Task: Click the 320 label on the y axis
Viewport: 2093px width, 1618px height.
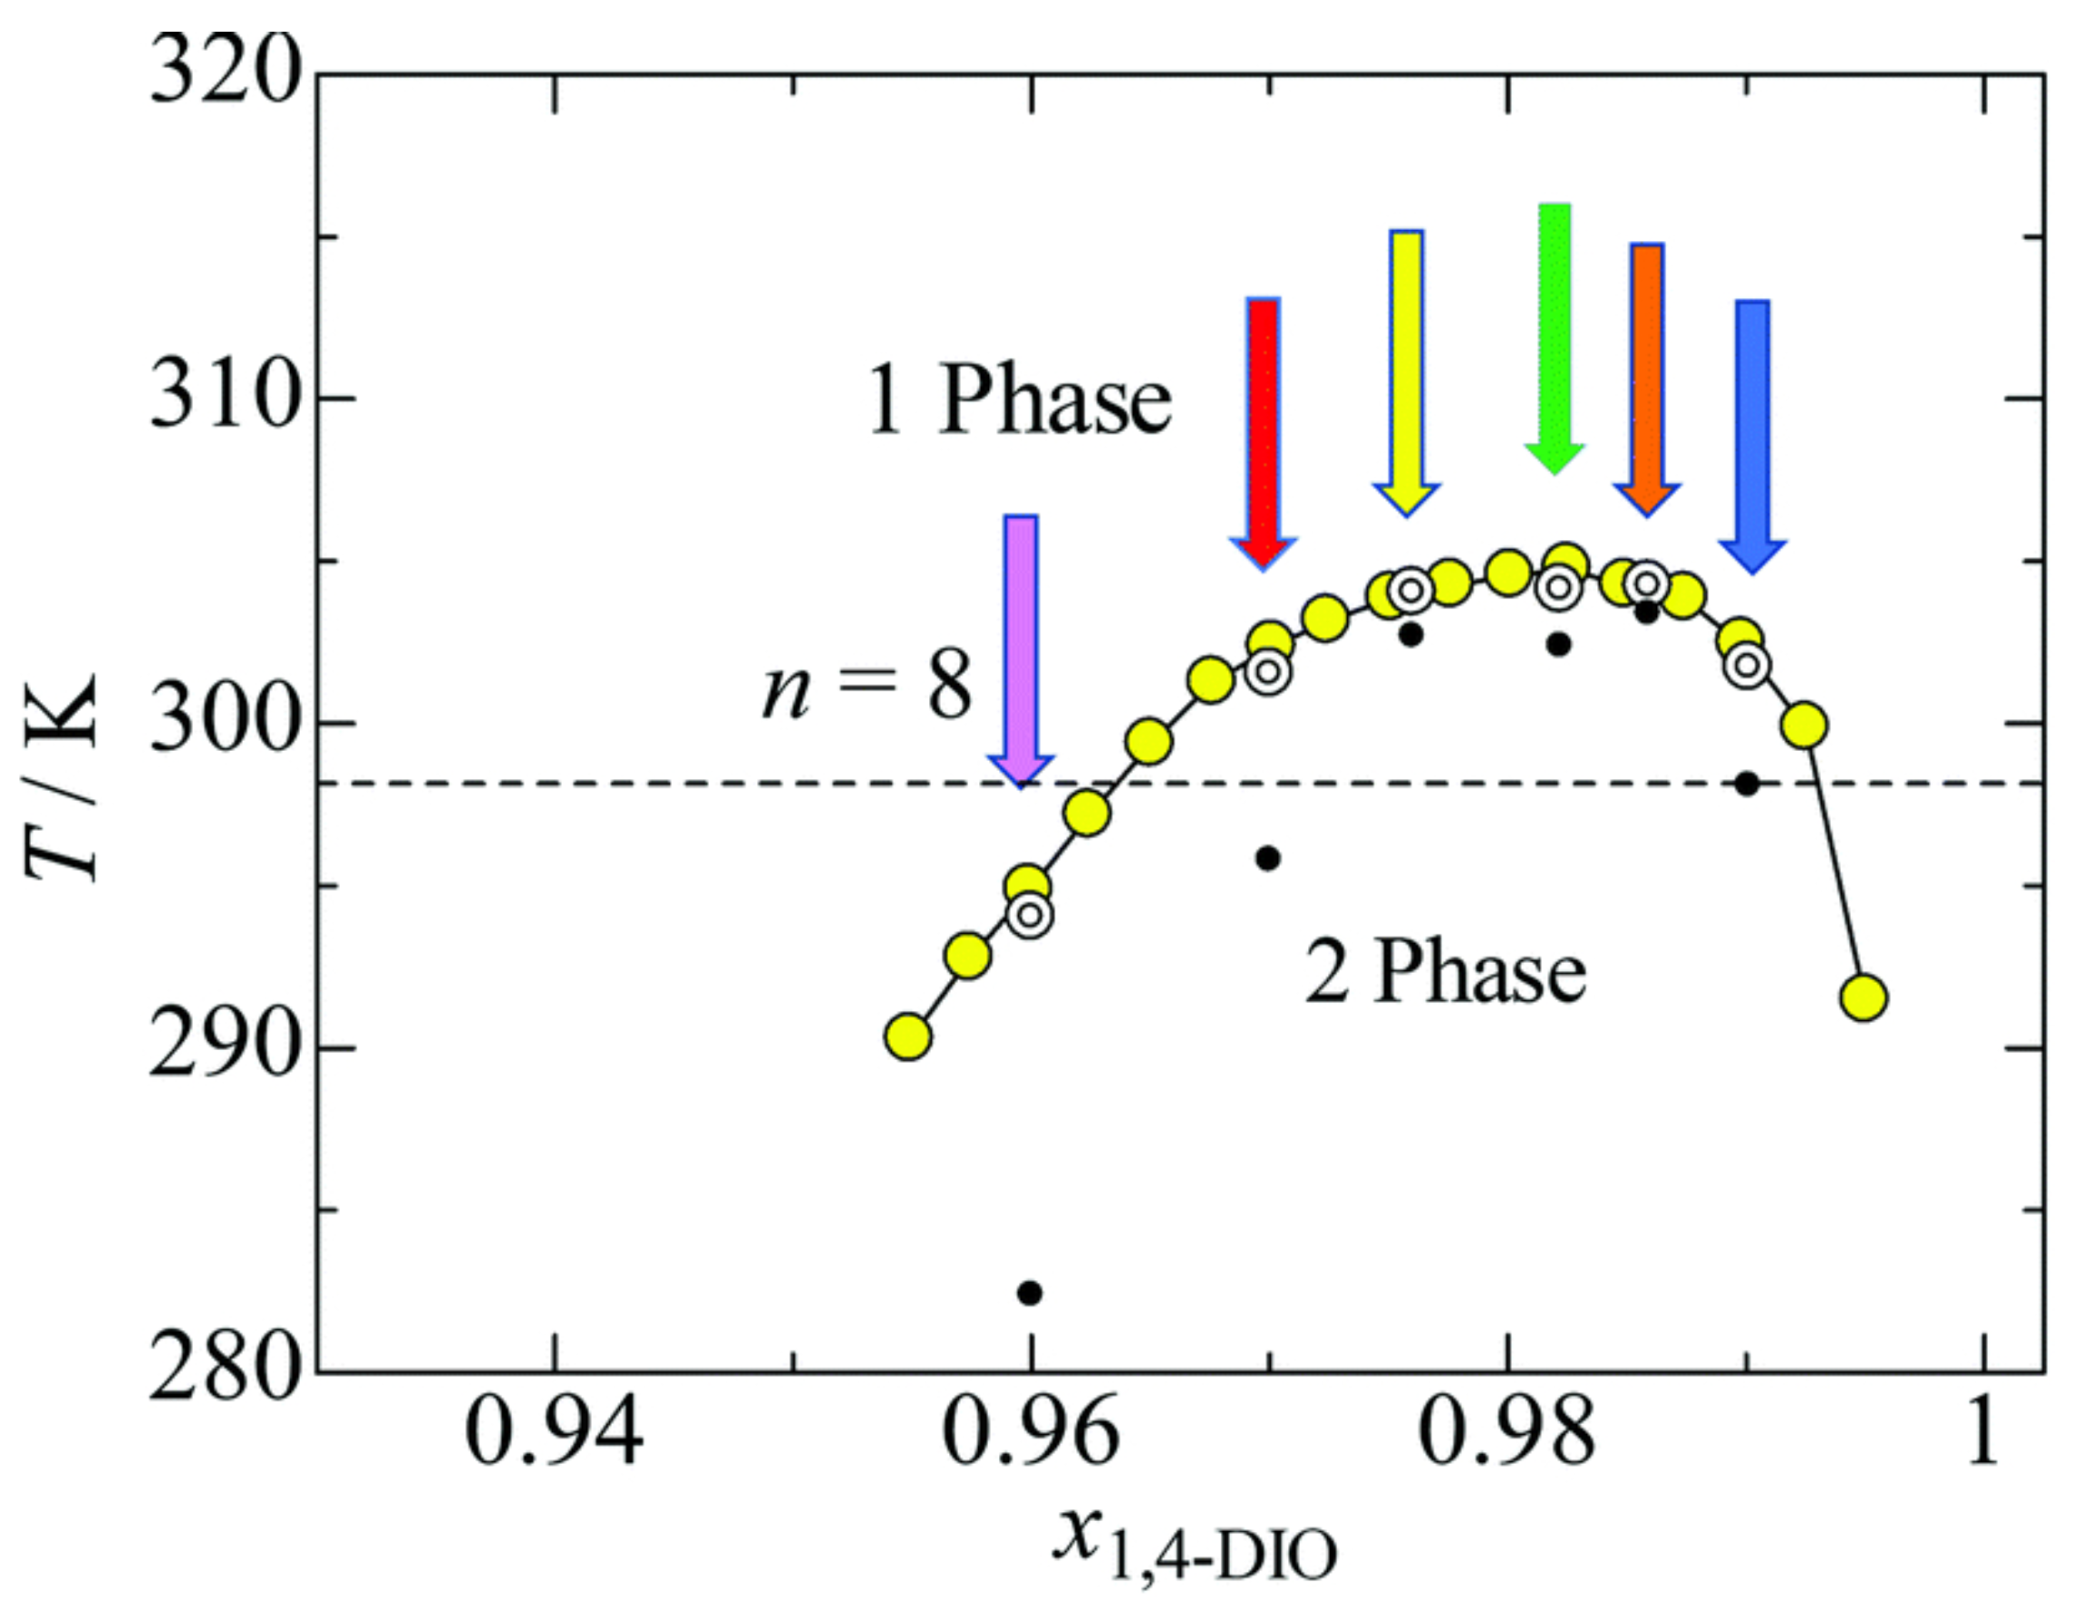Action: (x=221, y=72)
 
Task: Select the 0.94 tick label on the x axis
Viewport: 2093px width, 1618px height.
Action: (x=554, y=1434)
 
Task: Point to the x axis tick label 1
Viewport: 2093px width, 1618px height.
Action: (x=1982, y=1434)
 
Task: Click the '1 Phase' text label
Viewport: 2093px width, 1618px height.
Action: (x=1019, y=400)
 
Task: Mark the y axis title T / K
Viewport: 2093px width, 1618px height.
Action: (x=62, y=776)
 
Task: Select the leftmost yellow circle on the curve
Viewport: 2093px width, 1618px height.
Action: (x=908, y=1036)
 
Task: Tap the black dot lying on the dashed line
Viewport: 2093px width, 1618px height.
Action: (x=1747, y=784)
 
